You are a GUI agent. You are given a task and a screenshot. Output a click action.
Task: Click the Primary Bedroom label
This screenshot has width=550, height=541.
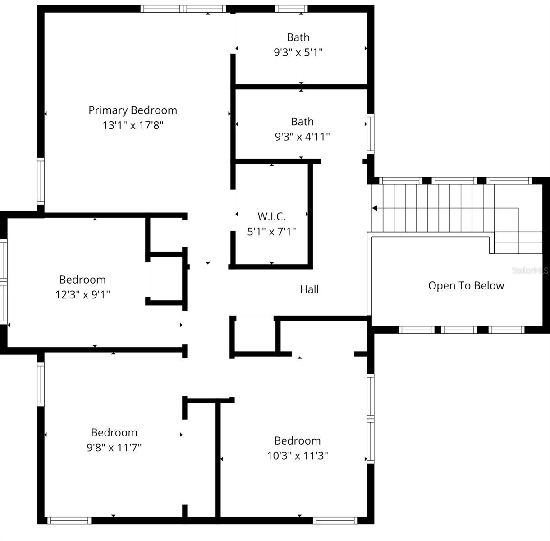pos(133,110)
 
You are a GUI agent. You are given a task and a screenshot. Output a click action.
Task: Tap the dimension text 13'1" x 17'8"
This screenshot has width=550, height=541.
pos(133,125)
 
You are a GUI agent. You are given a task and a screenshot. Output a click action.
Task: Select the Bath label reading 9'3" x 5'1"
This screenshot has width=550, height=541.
pos(298,37)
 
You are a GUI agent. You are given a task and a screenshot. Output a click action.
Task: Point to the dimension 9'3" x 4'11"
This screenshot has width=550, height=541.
pos(302,137)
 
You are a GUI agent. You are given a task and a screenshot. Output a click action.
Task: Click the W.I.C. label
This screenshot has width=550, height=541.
pos(271,216)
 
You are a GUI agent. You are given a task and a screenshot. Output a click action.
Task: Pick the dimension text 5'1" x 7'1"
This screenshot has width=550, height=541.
pos(271,232)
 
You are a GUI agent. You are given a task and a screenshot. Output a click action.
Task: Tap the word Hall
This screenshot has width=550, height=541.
pos(309,289)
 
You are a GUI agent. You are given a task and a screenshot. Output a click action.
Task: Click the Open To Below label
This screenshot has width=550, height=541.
pos(466,286)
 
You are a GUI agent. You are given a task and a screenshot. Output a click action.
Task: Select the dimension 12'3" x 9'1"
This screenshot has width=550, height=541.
pos(82,295)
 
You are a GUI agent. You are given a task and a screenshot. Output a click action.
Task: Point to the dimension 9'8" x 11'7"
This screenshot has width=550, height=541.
pos(114,448)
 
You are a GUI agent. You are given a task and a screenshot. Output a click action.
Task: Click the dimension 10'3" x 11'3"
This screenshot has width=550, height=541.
pos(298,456)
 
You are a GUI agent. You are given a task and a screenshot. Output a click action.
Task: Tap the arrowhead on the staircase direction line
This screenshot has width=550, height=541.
pos(374,208)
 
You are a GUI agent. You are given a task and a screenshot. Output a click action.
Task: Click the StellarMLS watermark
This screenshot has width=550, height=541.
pos(530,270)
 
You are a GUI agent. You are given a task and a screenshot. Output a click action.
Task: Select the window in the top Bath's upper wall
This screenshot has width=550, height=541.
pos(291,9)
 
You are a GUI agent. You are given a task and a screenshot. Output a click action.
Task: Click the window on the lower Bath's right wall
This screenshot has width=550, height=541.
pos(370,134)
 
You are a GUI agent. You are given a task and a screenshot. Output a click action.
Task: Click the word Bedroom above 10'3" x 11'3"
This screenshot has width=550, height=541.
pos(298,441)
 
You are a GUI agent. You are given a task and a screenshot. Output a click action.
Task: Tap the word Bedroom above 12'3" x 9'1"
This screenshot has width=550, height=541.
pos(82,280)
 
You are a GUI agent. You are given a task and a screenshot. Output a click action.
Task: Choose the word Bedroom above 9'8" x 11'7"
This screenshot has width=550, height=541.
pos(114,433)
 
